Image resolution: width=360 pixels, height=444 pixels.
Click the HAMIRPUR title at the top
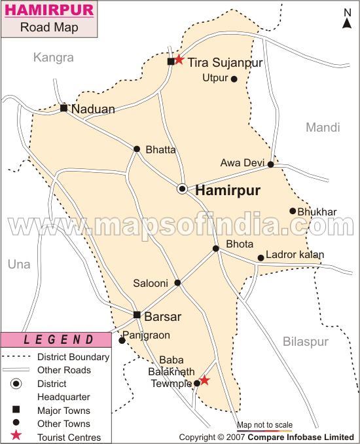coord(49,10)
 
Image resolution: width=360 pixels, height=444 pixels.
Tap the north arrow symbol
coord(347,18)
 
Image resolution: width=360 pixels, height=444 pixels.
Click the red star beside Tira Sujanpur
coord(179,60)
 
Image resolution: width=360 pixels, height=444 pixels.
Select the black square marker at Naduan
coord(63,108)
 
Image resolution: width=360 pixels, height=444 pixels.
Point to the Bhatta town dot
coord(137,149)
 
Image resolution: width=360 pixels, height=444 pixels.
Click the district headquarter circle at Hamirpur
coord(183,189)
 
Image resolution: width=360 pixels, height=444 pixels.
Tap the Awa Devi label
coord(242,163)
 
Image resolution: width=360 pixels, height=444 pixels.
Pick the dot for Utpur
coord(234,79)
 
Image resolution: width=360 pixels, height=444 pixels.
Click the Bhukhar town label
coord(317,212)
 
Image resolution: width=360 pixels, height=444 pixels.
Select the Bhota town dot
coord(215,248)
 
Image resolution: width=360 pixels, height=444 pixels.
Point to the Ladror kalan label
coord(295,255)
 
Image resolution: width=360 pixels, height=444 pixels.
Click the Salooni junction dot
coord(177,283)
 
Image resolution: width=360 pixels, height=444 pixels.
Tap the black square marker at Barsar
coord(137,315)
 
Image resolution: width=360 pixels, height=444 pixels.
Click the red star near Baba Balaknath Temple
coord(204,380)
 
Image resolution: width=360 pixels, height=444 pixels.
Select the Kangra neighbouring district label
coord(54,58)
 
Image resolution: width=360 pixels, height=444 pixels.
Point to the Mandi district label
coord(323,128)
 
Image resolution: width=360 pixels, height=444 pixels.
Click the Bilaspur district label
coord(305,342)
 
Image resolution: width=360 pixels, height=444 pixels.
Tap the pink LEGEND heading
coord(60,340)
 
